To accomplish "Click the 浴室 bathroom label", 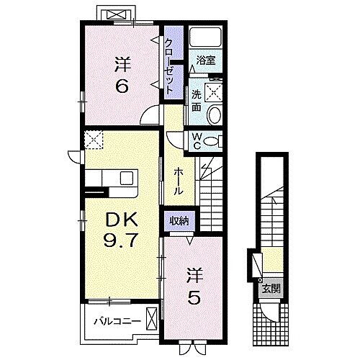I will (x=206, y=60).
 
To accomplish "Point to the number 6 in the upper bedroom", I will (x=120, y=85).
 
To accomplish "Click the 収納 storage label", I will (x=178, y=221).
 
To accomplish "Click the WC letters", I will (x=195, y=141).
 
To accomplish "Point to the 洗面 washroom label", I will (x=196, y=99).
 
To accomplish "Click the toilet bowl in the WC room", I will (x=213, y=142).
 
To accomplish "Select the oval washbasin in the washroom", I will (x=214, y=114).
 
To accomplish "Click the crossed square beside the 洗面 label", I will (x=212, y=91).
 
